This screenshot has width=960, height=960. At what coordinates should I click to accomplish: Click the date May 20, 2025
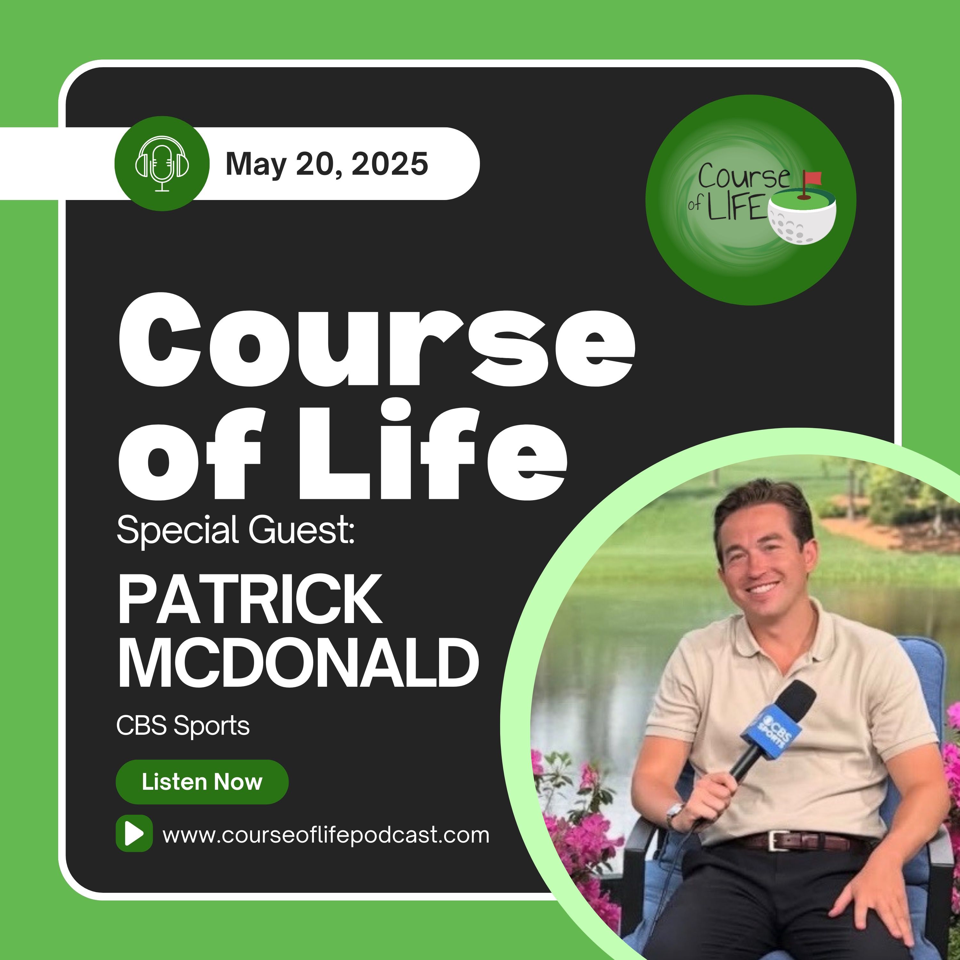tap(326, 164)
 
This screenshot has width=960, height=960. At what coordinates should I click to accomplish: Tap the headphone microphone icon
tap(162, 164)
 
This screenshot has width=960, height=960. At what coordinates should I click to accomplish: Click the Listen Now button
tap(202, 782)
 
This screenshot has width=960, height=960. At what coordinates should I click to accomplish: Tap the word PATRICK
tap(250, 599)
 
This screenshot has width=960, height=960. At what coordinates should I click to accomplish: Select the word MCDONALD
tap(298, 663)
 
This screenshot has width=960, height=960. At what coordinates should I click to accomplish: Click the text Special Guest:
tap(236, 531)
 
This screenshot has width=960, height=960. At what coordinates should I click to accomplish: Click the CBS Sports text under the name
tap(183, 726)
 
